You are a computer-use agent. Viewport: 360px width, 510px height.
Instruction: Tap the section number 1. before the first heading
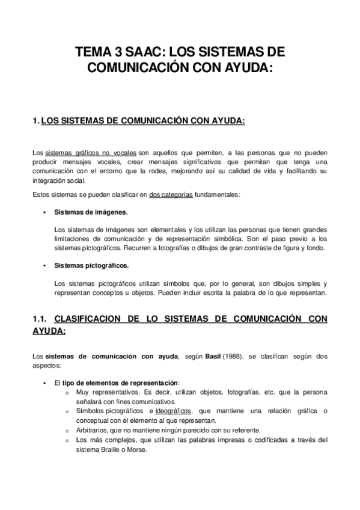click(35, 121)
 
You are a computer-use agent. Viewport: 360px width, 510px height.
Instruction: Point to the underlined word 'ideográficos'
click(172, 411)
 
